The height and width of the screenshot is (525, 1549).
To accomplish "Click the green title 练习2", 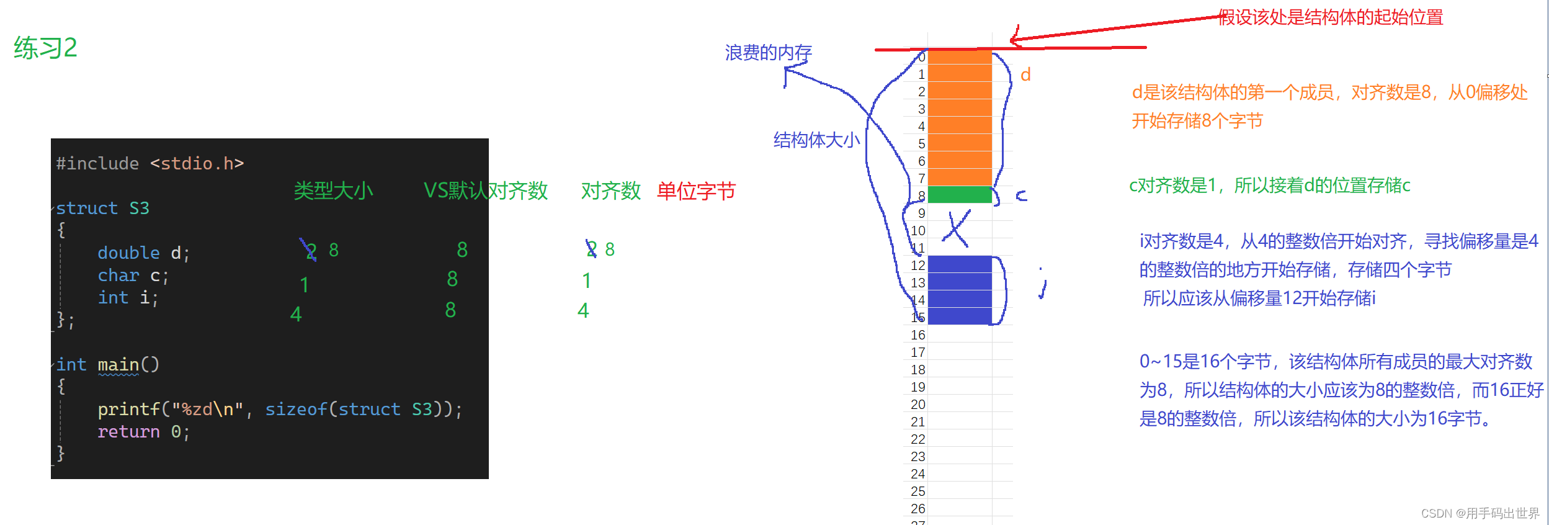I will (x=45, y=48).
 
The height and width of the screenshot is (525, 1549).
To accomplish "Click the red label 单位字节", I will (x=696, y=191).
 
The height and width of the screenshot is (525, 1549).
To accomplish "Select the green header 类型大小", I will (x=333, y=191).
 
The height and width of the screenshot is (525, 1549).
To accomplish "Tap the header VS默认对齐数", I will (x=485, y=191).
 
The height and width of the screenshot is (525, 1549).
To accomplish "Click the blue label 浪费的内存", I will (x=768, y=53).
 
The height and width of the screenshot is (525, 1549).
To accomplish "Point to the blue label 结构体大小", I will (x=816, y=140).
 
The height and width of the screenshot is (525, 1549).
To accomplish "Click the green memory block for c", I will (x=960, y=195).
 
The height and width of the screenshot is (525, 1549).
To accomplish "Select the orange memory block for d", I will (x=960, y=118).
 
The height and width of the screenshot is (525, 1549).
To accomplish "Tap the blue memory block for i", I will (x=960, y=290).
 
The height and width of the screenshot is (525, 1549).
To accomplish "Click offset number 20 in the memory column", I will (x=918, y=405).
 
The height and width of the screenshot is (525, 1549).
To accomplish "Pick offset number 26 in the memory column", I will (x=918, y=509).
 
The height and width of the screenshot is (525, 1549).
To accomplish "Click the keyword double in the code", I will (x=128, y=253).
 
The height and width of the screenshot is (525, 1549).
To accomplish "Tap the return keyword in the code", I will (x=128, y=432).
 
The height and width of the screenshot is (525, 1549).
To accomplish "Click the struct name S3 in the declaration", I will (x=139, y=209).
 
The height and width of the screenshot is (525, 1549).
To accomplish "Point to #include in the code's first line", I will (x=97, y=164).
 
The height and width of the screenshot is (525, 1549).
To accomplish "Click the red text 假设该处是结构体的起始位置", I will (x=1331, y=17).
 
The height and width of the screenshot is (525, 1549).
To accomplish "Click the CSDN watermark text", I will (x=1480, y=513).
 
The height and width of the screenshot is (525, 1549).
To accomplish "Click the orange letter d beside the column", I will (x=1025, y=75).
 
